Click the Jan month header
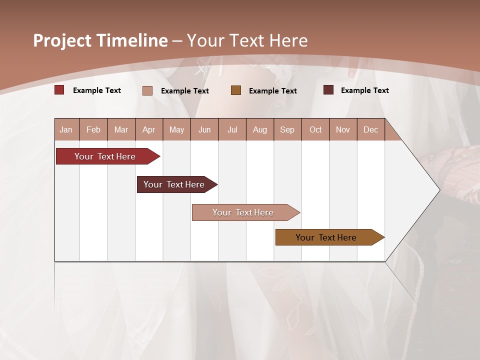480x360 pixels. tap(66, 129)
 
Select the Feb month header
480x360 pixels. tap(93, 129)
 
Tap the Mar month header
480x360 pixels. tap(121, 129)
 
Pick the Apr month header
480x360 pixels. tap(149, 129)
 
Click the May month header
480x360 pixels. tap(176, 129)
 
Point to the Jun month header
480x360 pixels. tap(204, 129)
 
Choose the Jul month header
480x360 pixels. tap(232, 129)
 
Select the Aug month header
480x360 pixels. tap(260, 129)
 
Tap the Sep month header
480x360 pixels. tap(287, 129)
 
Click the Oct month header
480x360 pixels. tap(315, 129)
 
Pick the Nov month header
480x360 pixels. tap(343, 129)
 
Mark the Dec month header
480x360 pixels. tap(371, 129)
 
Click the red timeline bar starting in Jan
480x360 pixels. tap(105, 156)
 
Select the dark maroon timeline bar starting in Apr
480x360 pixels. tap(174, 184)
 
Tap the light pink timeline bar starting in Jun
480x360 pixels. tap(243, 212)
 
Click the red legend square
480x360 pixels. tap(59, 90)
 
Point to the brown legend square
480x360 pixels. tap(236, 90)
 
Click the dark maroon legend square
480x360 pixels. tap(328, 90)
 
